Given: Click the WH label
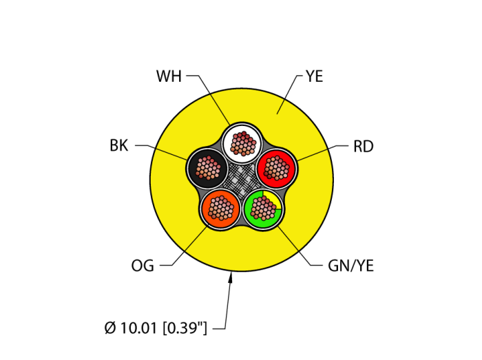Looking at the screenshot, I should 169,76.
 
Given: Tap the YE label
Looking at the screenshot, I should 314,76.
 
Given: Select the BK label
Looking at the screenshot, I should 119,145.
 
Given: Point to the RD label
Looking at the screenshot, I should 363,146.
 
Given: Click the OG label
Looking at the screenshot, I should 143,265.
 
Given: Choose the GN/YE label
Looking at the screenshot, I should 351,266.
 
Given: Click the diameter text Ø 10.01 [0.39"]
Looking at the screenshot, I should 156,328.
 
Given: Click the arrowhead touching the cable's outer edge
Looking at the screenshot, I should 231,277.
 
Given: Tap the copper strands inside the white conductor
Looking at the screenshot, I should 242,142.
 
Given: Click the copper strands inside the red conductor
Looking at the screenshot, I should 276,167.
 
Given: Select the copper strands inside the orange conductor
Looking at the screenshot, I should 220,207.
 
